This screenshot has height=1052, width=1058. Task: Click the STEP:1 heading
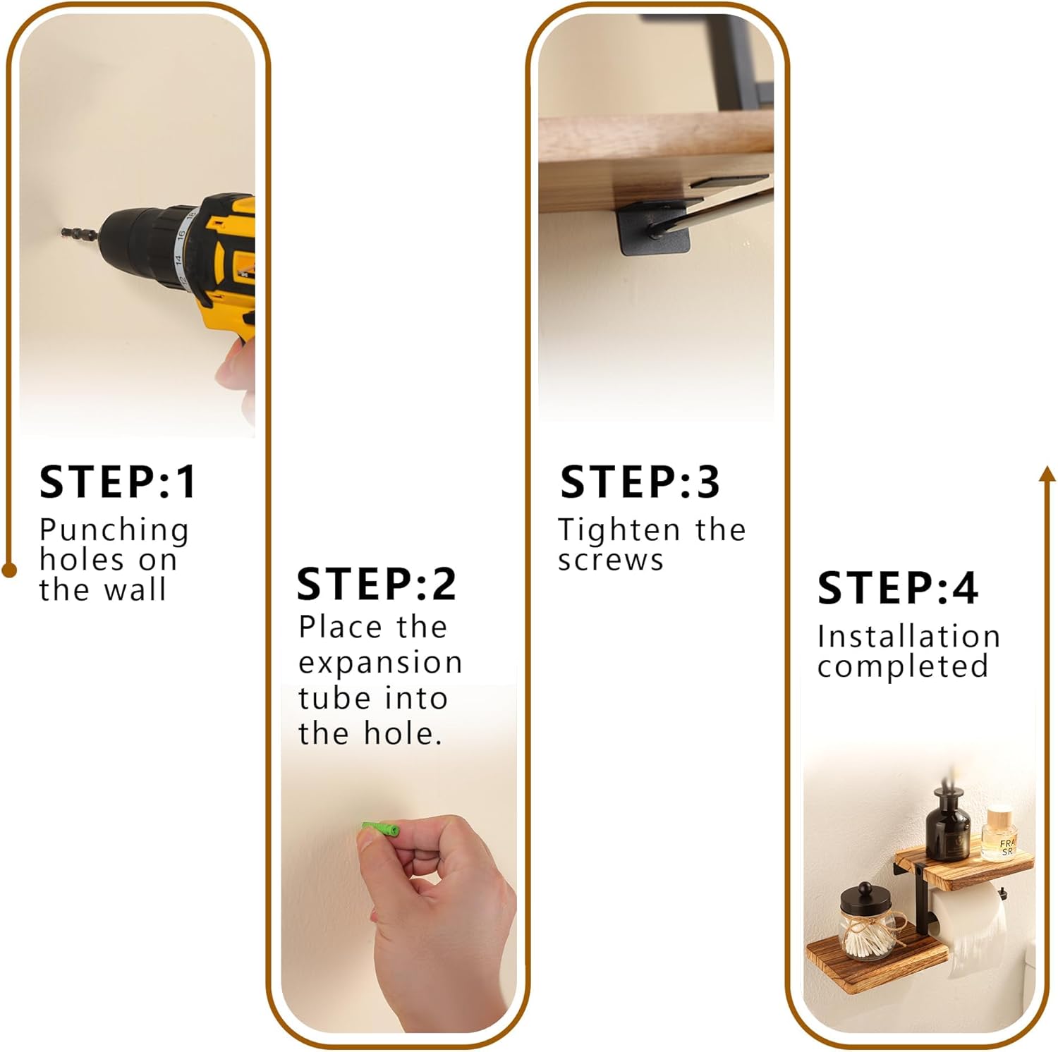(x=118, y=482)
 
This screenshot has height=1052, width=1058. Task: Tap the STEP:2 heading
(x=377, y=584)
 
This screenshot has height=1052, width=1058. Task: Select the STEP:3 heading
(x=640, y=482)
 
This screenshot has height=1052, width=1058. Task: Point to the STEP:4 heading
(x=898, y=588)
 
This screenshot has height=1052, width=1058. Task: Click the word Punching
(x=114, y=531)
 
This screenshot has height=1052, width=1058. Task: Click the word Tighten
(x=619, y=530)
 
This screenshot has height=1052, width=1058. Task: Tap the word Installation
(x=908, y=636)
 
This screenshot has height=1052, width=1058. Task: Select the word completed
(x=903, y=666)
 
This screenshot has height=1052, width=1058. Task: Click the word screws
(x=611, y=561)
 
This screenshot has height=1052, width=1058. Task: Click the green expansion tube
(x=381, y=828)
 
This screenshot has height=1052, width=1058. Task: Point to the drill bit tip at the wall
(x=63, y=231)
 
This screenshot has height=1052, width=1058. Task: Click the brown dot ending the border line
(x=9, y=570)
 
